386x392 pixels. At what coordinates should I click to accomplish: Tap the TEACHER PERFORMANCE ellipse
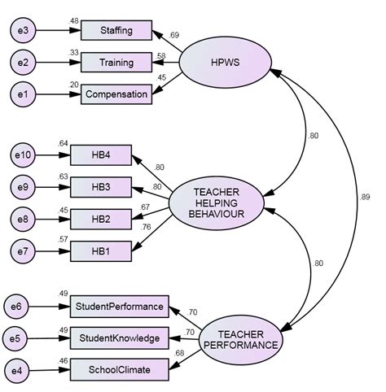pos(239,338)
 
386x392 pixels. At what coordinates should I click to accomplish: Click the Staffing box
pos(116,31)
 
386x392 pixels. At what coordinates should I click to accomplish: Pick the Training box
pos(116,63)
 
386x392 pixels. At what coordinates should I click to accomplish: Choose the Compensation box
pos(116,94)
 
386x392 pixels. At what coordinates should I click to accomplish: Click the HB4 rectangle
pos(101,155)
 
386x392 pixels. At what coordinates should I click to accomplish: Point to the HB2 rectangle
pos(101,219)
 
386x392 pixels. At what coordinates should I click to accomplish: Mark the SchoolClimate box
pos(120,370)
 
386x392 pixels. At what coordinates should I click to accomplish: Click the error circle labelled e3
pos(25,31)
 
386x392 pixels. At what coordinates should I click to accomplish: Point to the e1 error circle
pos(25,94)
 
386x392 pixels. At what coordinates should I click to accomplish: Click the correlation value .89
pos(364,196)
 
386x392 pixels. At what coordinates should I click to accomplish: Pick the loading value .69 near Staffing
pos(174,36)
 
